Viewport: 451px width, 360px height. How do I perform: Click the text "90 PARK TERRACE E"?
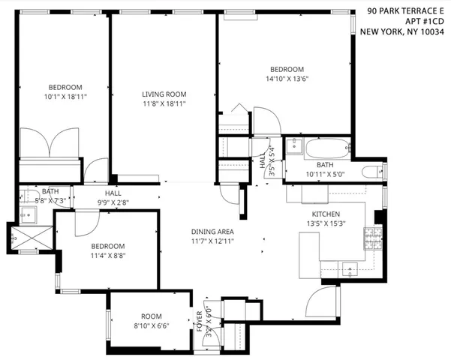coord(405,10)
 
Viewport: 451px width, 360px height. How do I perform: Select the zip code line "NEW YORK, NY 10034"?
coord(403,31)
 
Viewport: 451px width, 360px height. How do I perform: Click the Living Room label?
coord(164,94)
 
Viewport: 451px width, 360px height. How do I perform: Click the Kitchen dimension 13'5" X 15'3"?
coord(326,223)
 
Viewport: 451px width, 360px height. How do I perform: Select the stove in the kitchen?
coord(371,240)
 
